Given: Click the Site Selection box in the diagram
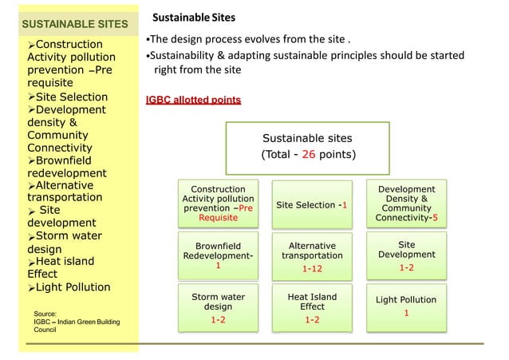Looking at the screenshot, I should click(x=311, y=204).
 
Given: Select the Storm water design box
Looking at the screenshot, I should click(x=212, y=307).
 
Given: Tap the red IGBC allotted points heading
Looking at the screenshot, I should click(x=193, y=101).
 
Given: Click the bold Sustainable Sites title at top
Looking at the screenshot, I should click(x=194, y=17).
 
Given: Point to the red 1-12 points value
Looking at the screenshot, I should click(x=312, y=269).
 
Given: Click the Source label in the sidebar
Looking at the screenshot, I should click(x=45, y=315).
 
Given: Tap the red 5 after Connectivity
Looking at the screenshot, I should click(x=435, y=217).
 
